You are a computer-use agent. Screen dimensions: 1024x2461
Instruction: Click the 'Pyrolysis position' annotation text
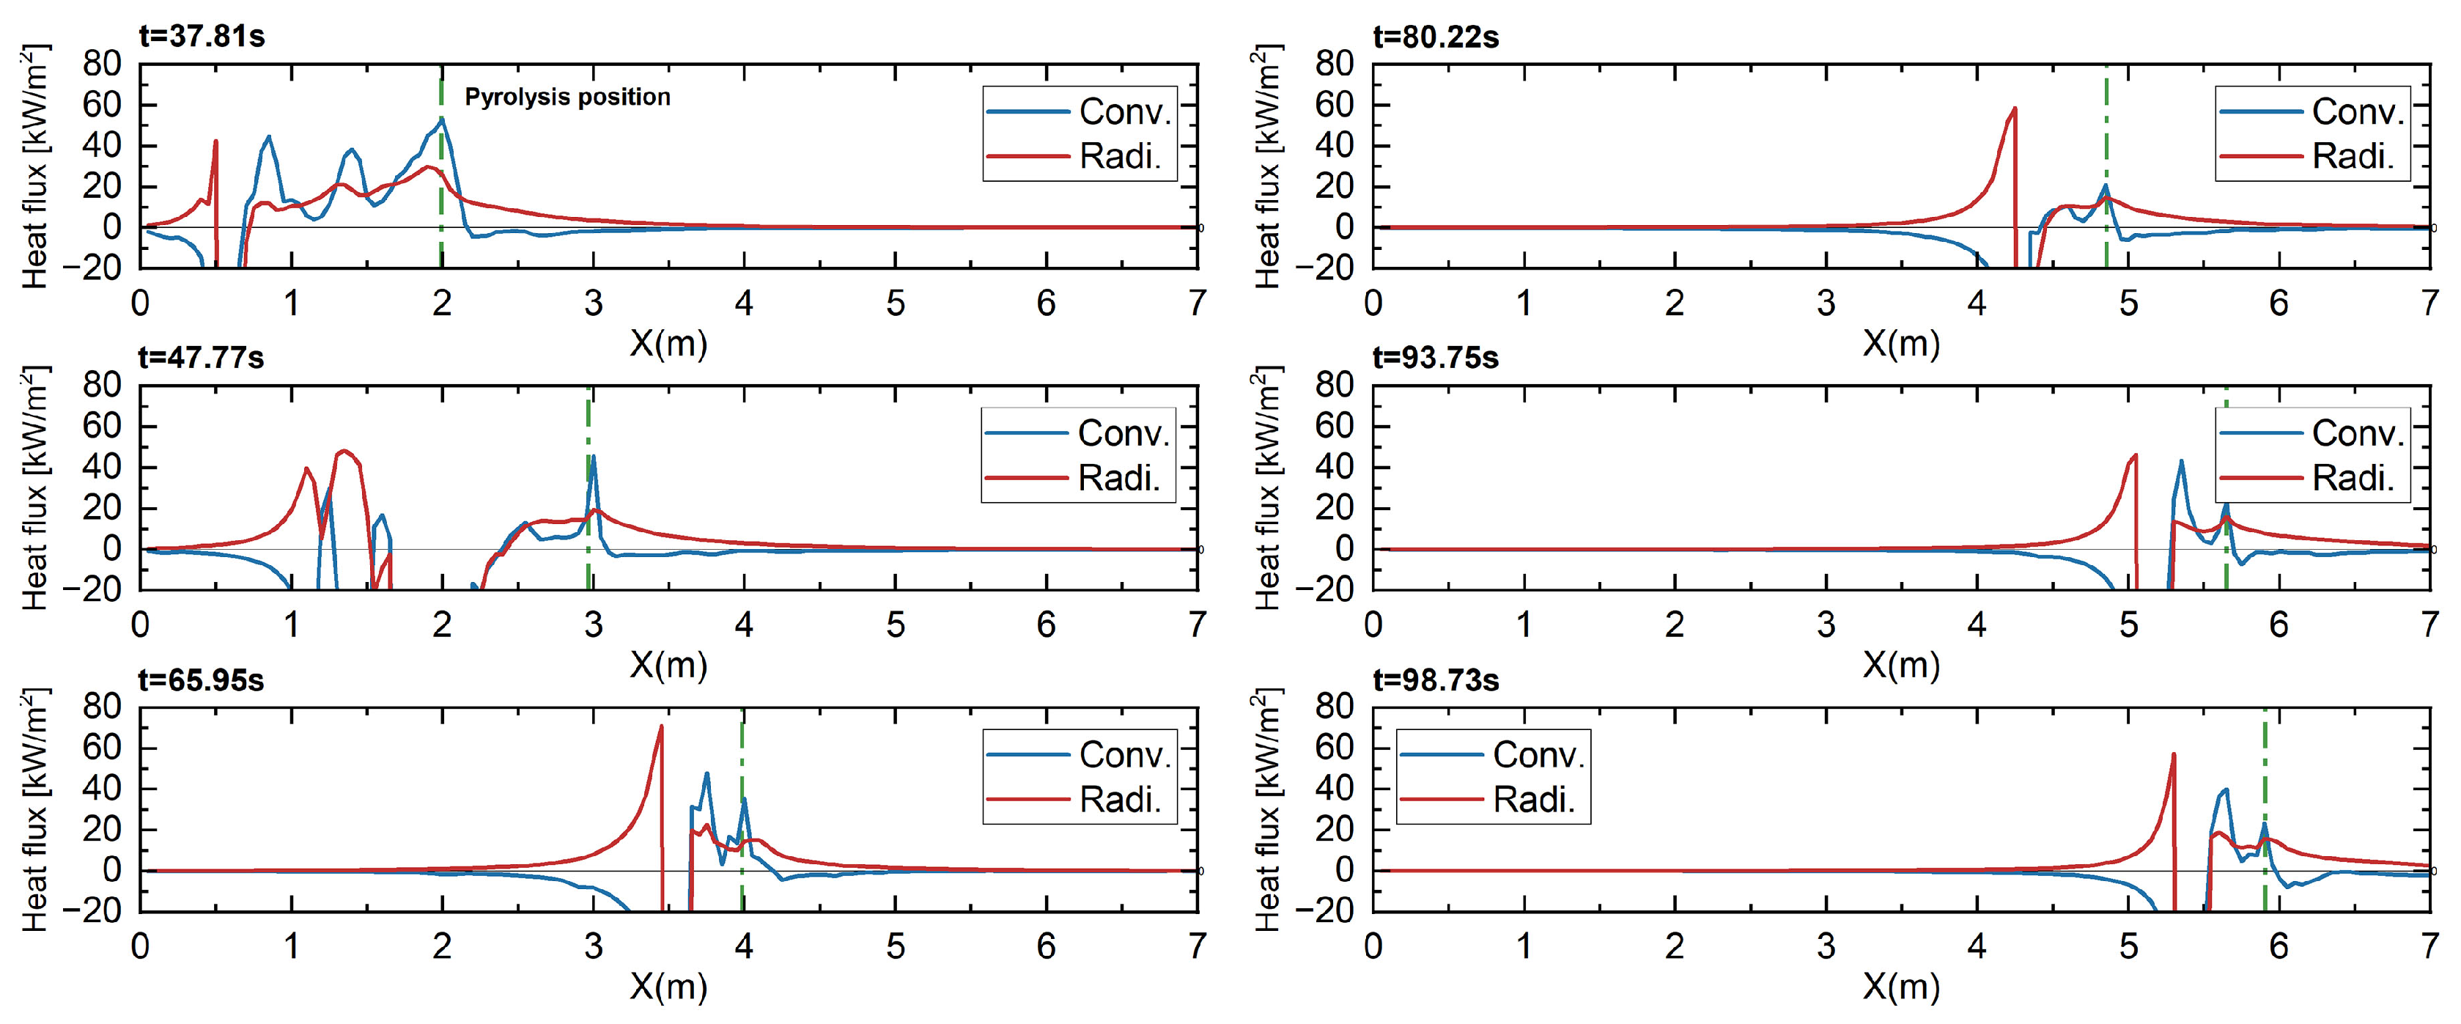(567, 97)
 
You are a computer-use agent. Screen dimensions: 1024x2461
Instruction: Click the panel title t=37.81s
(202, 37)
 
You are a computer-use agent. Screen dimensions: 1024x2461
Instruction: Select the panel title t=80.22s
(1436, 37)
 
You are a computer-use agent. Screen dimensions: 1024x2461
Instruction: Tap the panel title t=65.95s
(202, 680)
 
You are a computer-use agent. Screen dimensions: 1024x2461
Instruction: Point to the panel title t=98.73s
(1436, 680)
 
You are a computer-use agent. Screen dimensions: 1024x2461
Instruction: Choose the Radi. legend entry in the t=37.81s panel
(1120, 155)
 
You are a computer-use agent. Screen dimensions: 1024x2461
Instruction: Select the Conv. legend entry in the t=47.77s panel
(1123, 432)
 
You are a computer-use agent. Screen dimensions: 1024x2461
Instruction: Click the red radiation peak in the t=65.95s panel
(660, 728)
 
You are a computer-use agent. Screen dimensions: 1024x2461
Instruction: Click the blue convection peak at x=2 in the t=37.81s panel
(441, 119)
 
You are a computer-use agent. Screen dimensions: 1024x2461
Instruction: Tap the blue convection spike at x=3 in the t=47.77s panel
(594, 457)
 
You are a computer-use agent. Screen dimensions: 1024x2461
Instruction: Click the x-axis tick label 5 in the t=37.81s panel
(895, 303)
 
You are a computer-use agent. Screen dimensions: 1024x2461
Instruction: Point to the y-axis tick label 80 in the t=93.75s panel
(1334, 385)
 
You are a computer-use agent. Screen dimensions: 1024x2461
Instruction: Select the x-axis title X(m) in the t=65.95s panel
(668, 986)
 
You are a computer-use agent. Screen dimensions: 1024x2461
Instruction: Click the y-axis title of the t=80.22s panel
(1267, 166)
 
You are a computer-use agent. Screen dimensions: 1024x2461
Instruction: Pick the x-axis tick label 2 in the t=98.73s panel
(1675, 946)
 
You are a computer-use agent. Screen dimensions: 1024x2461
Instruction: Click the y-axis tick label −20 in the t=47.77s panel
(95, 589)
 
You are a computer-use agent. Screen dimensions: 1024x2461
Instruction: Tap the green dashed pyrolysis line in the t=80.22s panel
(2106, 143)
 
